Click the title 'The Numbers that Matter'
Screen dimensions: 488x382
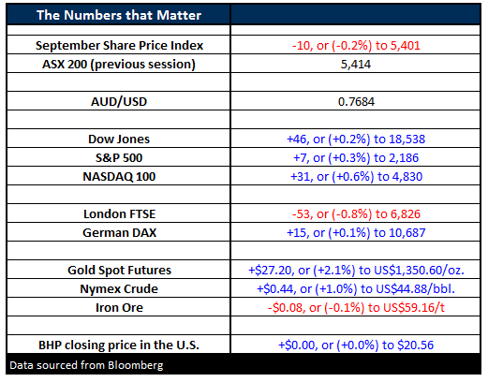point(119,15)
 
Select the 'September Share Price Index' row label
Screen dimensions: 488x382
point(119,46)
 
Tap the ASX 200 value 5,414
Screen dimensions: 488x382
point(356,65)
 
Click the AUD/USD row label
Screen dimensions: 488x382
point(119,102)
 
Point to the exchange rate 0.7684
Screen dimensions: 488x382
point(356,102)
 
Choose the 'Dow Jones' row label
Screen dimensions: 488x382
point(119,140)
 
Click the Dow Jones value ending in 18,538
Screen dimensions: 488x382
point(356,140)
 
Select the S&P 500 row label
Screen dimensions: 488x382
point(119,158)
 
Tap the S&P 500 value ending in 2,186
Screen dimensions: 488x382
point(356,158)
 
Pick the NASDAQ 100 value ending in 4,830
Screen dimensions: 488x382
point(356,177)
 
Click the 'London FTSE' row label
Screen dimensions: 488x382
point(120,214)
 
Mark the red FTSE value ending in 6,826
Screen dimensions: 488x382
point(356,214)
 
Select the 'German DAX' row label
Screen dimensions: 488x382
point(119,233)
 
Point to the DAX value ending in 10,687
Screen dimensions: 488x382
point(356,233)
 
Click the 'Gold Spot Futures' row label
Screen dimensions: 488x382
point(119,271)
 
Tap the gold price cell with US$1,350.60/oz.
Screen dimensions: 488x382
point(356,271)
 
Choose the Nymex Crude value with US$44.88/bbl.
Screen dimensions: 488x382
point(356,289)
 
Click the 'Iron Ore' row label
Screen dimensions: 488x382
point(119,308)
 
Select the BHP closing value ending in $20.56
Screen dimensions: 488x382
point(356,345)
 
